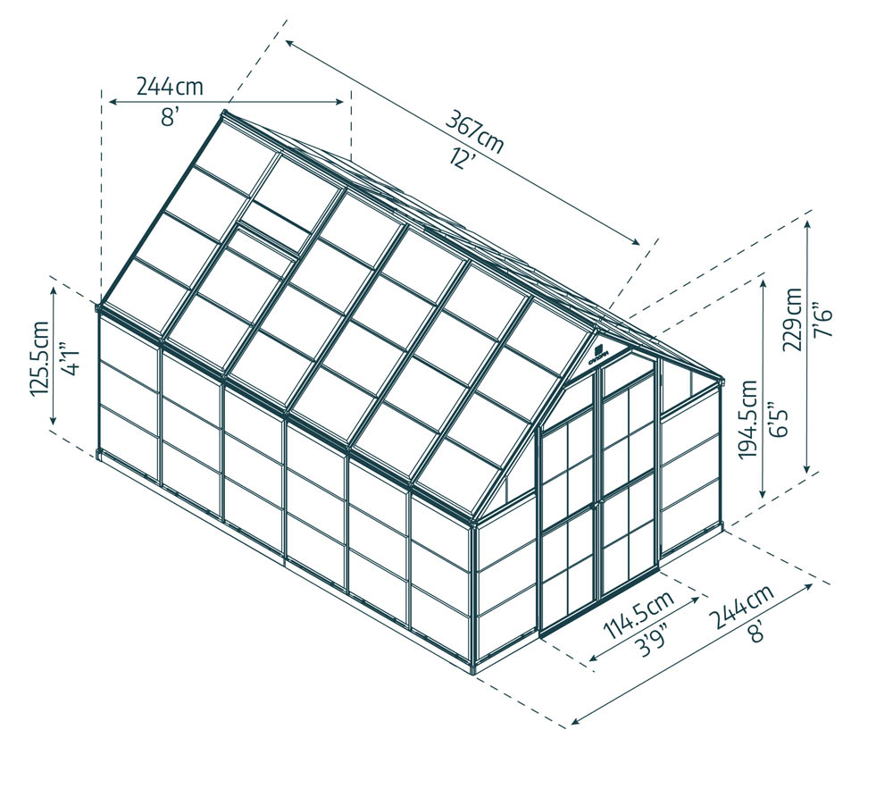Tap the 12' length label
(462, 157)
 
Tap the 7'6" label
(823, 319)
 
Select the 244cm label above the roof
(170, 87)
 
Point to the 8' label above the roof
(170, 116)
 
